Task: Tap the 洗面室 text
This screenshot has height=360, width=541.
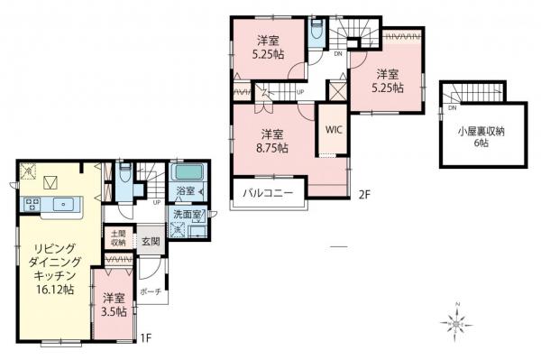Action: click(188, 215)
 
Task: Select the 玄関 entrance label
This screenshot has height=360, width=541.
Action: click(149, 242)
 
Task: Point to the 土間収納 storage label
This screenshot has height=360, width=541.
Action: click(118, 237)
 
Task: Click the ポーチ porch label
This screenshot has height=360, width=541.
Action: click(151, 291)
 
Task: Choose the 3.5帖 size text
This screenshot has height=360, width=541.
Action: click(113, 312)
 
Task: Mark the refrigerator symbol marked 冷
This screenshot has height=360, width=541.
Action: click(27, 171)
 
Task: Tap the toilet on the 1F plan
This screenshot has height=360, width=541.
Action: click(125, 171)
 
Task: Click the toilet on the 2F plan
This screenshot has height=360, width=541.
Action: click(313, 30)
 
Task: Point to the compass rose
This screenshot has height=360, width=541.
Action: click(458, 320)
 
